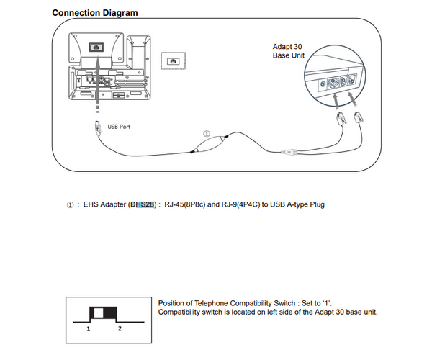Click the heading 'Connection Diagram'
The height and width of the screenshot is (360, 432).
(x=95, y=13)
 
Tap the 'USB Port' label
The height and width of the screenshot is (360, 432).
(x=119, y=127)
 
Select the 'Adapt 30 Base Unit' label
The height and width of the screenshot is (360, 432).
(x=289, y=51)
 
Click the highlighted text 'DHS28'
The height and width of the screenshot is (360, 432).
(x=143, y=204)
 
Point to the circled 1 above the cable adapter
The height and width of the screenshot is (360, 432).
(x=207, y=134)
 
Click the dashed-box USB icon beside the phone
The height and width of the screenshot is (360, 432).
(x=172, y=62)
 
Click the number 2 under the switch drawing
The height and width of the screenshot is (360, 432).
(x=120, y=328)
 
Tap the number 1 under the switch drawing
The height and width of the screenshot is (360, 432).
(x=88, y=328)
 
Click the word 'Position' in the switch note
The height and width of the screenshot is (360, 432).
(x=171, y=302)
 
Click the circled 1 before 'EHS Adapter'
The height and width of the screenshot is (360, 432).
(x=70, y=204)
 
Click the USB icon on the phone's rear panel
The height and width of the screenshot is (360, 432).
(x=95, y=46)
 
